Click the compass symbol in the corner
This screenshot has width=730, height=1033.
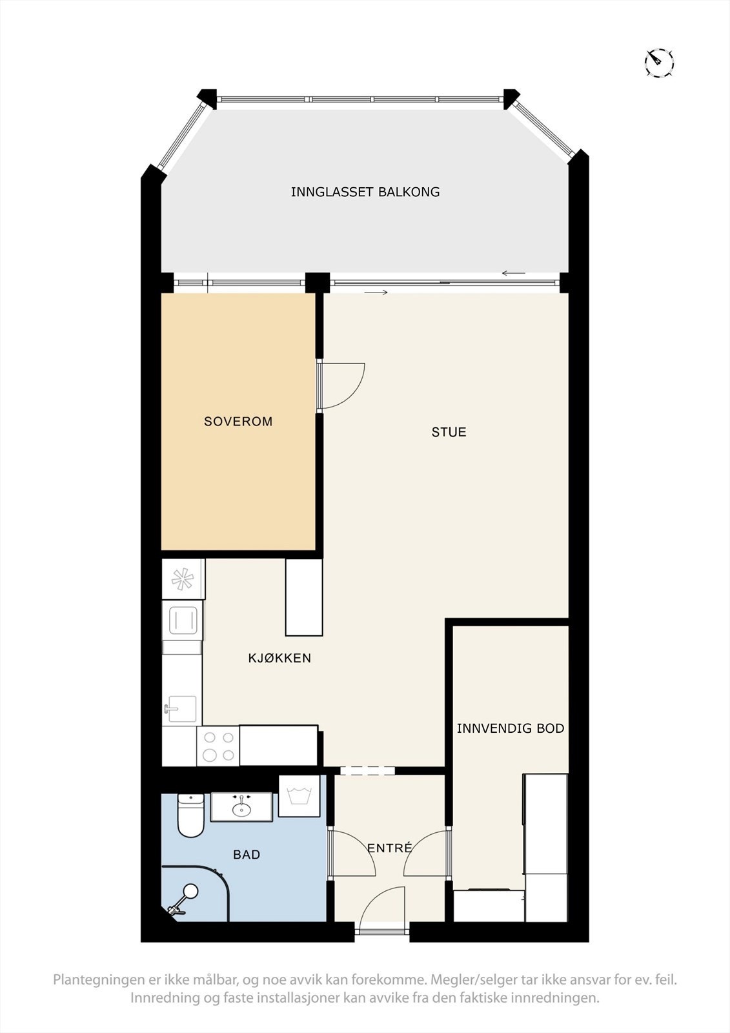[x=659, y=63]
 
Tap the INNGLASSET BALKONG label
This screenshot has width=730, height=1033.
[x=365, y=192]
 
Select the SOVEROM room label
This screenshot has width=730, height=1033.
[x=238, y=422]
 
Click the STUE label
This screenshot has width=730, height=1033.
[x=449, y=432]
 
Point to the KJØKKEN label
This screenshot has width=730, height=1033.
[x=279, y=659]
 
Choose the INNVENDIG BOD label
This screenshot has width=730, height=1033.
[x=511, y=728]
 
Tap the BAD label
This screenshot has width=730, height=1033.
[x=247, y=855]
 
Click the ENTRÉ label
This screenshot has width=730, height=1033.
[x=389, y=848]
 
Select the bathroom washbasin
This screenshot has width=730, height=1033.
[x=242, y=807]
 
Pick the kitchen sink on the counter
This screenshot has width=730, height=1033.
[x=181, y=709]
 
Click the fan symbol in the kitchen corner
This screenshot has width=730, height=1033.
[x=182, y=579]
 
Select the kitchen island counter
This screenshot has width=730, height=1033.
[x=304, y=597]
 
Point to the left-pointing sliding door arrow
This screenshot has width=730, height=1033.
[x=514, y=273]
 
